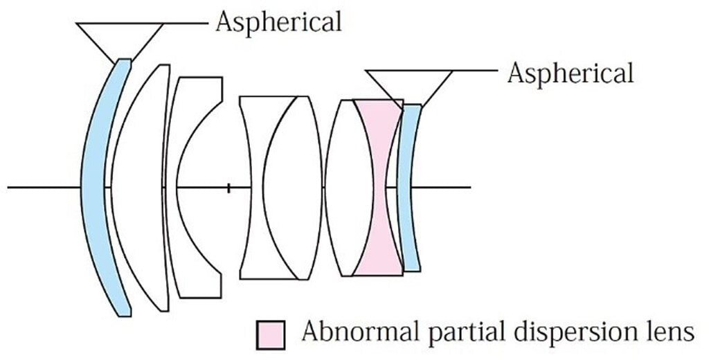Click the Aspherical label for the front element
(x=279, y=21)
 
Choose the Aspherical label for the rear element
(x=571, y=71)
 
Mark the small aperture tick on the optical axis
(x=228, y=187)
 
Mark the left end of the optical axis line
(x=8, y=187)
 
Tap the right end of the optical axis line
(x=470, y=187)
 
